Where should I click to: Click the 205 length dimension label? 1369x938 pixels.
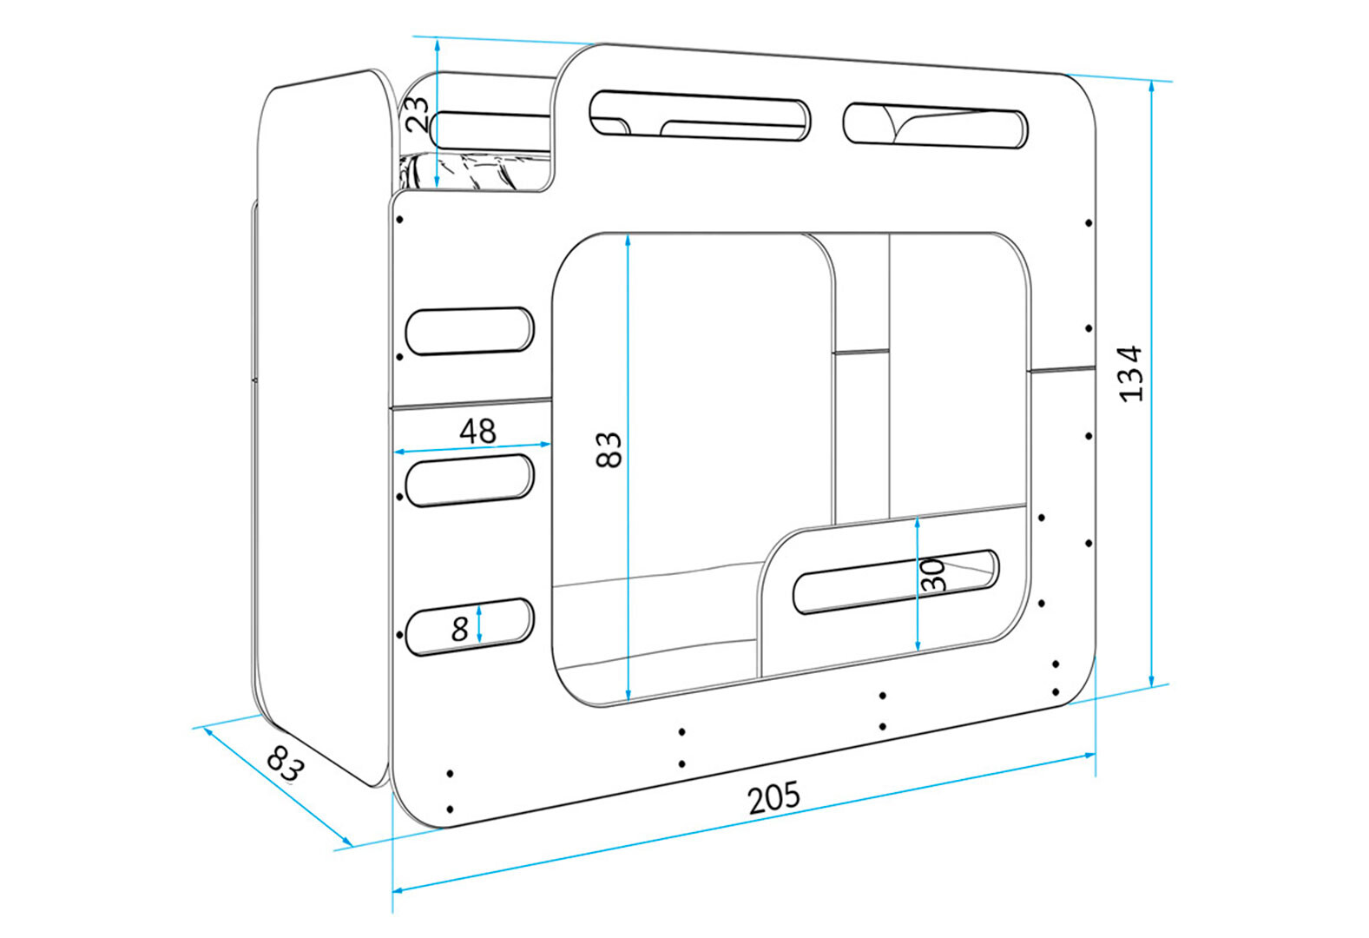pos(773,797)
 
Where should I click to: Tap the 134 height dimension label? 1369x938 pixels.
pos(1131,373)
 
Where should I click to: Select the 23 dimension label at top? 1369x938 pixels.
pos(418,113)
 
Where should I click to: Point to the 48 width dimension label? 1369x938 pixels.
pos(477,431)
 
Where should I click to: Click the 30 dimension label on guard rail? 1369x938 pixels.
pos(933,575)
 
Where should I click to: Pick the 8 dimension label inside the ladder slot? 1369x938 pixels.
pos(460,628)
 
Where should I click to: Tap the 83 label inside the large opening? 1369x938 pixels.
pos(609,449)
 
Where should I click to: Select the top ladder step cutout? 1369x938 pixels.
pos(470,331)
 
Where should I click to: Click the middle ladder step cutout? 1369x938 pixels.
pos(470,479)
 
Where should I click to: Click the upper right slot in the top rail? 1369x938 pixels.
pos(935,125)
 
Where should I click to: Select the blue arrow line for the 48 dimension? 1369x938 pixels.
pos(472,448)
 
